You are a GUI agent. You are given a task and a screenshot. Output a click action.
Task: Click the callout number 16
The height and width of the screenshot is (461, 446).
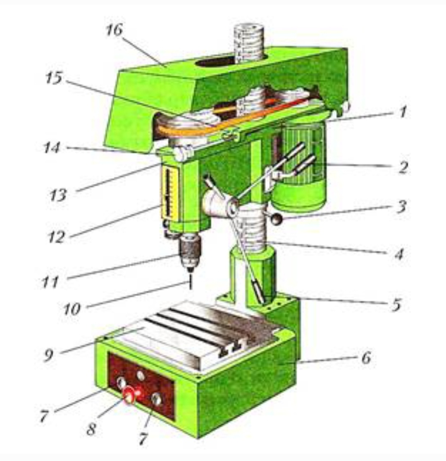(x=114, y=30)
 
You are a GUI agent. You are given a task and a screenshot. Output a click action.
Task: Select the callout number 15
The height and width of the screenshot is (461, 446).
(x=54, y=78)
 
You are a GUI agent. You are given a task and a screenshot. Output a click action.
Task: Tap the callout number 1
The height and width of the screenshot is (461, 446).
(x=403, y=112)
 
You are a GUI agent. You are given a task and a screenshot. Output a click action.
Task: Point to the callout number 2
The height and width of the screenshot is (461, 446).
(x=403, y=167)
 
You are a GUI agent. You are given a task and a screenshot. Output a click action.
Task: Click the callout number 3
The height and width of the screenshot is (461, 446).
(x=401, y=207)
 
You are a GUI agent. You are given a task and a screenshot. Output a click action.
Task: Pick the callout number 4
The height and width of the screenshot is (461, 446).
(x=398, y=254)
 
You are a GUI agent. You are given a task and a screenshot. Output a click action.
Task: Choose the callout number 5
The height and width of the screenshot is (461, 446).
(x=396, y=304)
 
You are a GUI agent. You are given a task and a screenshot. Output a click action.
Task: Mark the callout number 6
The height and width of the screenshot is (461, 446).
(x=366, y=358)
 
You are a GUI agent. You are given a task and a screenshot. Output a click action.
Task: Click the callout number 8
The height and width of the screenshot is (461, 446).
(x=91, y=429)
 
